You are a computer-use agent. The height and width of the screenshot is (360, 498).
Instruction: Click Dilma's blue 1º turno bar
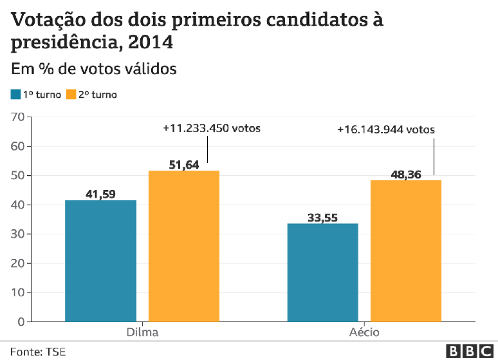pos(100,260)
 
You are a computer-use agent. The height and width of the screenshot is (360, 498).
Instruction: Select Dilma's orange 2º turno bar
pos(184,245)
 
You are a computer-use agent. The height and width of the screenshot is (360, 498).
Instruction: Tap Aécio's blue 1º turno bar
pos(322,272)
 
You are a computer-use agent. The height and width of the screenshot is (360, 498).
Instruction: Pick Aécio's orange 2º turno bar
pos(406,251)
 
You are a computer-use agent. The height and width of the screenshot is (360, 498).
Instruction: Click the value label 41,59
pos(100,193)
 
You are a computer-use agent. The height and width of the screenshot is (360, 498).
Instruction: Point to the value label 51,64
pos(184,164)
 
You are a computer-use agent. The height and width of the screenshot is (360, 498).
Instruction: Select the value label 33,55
pos(322,217)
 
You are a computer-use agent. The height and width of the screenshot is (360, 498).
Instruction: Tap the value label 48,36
pos(406,174)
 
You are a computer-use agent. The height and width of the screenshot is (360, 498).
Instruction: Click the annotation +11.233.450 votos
pos(212,128)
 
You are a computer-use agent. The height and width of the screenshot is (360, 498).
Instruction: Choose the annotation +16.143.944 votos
pos(386,129)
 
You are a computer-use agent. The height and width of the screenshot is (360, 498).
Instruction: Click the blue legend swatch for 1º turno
pos(15,95)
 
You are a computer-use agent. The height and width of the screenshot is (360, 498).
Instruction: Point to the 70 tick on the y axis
pos(17,117)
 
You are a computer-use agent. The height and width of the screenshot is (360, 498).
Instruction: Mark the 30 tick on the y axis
pos(17,234)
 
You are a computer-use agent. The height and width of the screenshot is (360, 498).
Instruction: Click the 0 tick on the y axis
pos(21,321)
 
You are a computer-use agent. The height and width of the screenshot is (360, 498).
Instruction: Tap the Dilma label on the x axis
pos(142,332)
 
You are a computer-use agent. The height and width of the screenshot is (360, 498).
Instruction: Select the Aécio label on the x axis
pos(364,332)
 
